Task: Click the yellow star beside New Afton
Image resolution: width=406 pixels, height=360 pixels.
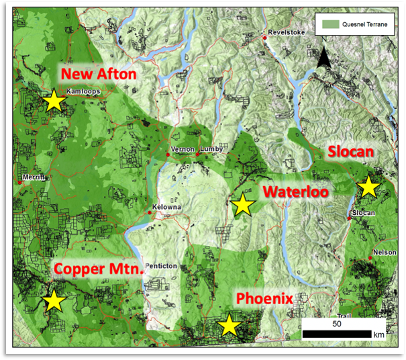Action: [53, 101]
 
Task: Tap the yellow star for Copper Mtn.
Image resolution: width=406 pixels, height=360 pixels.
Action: [53, 301]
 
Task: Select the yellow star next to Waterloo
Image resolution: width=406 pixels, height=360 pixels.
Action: [242, 204]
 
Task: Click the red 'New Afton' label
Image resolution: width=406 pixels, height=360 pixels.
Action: [98, 73]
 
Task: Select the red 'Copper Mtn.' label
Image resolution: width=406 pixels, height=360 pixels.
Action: [99, 269]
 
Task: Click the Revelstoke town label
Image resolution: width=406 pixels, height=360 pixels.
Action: [286, 32]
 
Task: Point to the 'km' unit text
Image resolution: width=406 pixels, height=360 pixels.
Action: [380, 334]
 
